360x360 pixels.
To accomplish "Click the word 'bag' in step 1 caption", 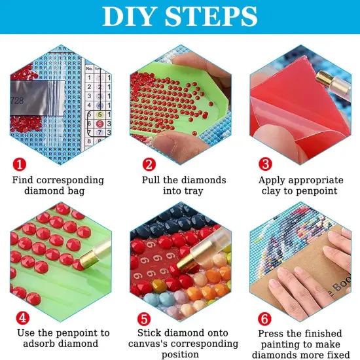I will (x=96, y=191).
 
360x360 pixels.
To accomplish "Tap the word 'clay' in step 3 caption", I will (x=272, y=191).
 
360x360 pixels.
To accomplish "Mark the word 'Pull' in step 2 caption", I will (x=153, y=179).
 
